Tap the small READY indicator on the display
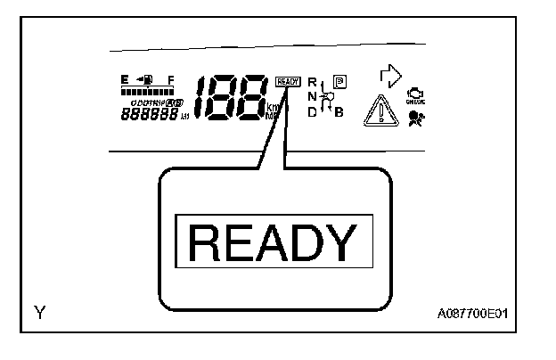point(289,81)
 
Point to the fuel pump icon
point(144,80)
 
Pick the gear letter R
point(312,83)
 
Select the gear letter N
point(312,96)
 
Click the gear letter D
point(312,111)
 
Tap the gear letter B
point(339,111)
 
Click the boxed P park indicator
point(339,82)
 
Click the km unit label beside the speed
point(272,106)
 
